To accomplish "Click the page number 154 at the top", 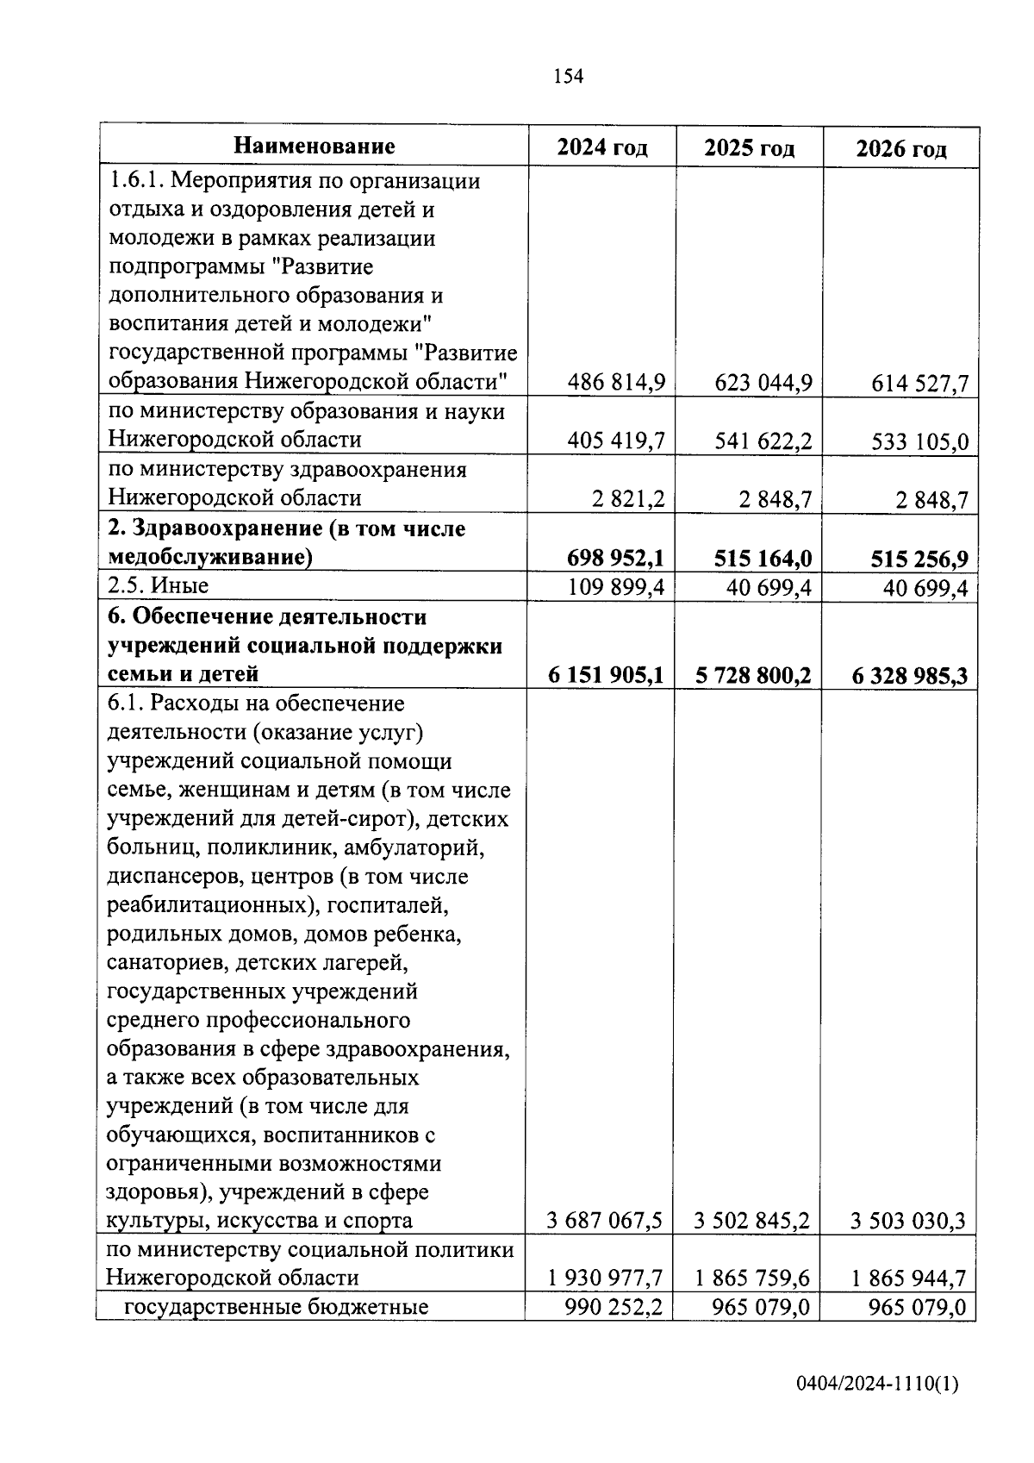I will (x=568, y=77).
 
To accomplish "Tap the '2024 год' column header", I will (x=601, y=147).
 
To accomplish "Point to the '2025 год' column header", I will (x=749, y=148).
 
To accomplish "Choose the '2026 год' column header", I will (x=900, y=149).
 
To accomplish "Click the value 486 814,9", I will (x=616, y=382).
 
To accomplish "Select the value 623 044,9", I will (x=763, y=383).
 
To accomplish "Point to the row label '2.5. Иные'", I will (x=159, y=586).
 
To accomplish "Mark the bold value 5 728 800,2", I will (x=753, y=675).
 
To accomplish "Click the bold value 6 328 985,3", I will (x=910, y=676).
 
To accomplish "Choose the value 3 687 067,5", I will (x=605, y=1221).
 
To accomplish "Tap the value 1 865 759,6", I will (x=752, y=1278).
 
